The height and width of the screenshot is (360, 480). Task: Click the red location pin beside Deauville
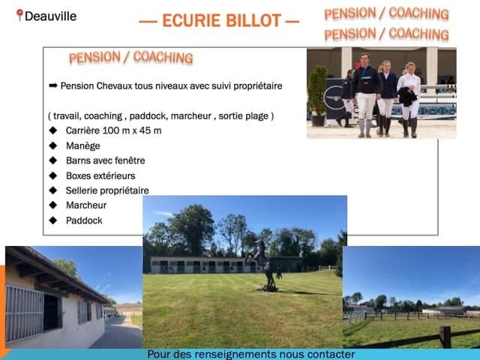point(19,15)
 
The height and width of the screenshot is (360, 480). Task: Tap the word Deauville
point(50,16)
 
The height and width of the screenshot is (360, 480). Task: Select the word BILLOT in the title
point(253,20)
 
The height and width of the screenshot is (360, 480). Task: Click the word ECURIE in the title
point(191,20)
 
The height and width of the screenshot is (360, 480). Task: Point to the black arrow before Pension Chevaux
point(53,85)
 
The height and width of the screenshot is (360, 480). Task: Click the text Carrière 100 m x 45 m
point(113,130)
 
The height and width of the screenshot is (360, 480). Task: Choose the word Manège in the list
point(83,145)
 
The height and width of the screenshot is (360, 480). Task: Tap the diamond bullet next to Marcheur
point(53,205)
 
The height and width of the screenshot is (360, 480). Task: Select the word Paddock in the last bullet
point(84,220)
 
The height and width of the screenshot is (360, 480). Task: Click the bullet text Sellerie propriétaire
point(107,190)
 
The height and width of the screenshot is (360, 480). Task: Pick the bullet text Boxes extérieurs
point(100,175)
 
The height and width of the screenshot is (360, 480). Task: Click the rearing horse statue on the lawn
point(265,265)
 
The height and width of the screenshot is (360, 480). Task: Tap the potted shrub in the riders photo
point(318,95)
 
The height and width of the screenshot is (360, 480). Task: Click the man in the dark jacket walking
point(365,95)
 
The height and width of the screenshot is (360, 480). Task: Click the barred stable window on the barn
point(25,313)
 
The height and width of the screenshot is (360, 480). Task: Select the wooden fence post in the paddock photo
point(445,337)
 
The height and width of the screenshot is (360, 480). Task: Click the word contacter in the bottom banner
point(331,354)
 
